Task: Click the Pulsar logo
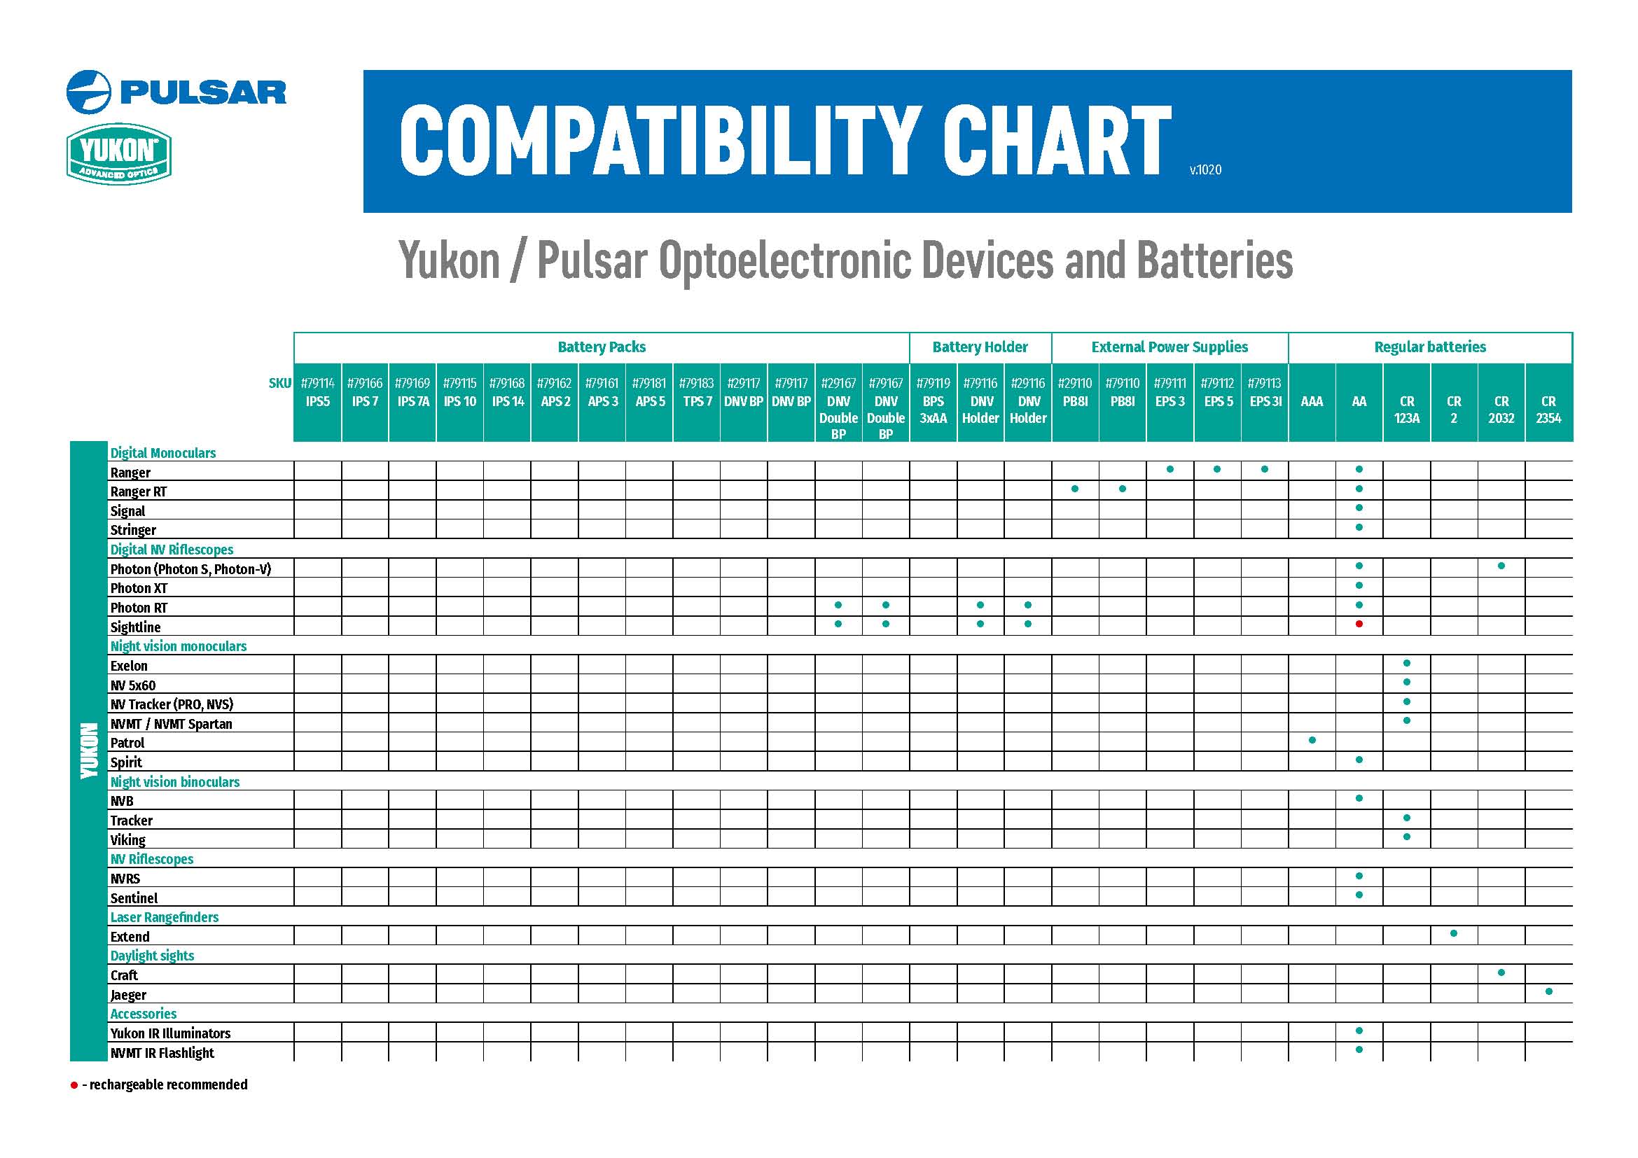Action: [176, 92]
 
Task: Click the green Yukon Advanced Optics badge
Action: [119, 154]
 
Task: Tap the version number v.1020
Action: [1205, 169]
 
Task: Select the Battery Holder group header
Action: [980, 347]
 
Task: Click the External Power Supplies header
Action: [1169, 347]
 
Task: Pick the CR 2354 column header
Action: [1548, 410]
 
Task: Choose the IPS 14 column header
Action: [507, 401]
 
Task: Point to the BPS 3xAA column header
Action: [932, 410]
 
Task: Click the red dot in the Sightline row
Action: [1359, 624]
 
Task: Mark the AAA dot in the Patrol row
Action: [1312, 740]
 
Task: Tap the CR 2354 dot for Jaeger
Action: [1549, 991]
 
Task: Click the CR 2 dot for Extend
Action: [1454, 933]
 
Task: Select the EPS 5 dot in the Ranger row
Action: [1217, 469]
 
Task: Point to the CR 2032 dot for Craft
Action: [1501, 972]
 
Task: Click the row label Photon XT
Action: [139, 588]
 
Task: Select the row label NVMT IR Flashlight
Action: [162, 1052]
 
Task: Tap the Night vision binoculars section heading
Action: [175, 781]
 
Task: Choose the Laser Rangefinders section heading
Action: [164, 917]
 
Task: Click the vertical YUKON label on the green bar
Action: [88, 750]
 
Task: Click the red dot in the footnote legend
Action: [74, 1085]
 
